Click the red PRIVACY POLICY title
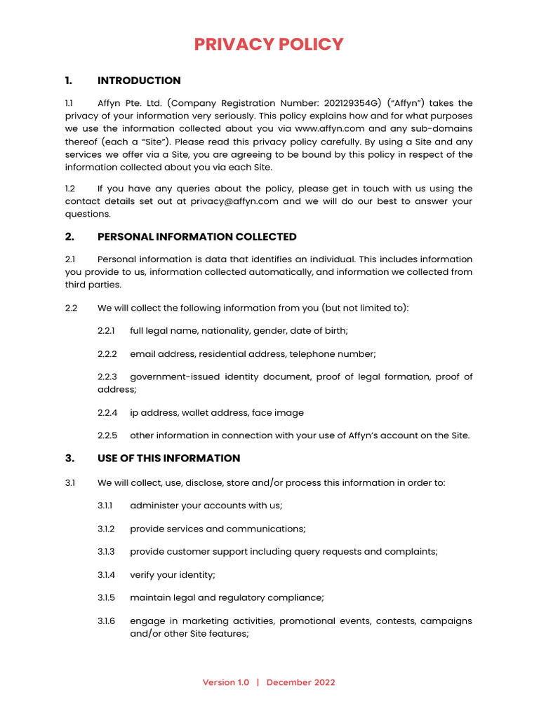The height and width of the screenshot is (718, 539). [x=269, y=44]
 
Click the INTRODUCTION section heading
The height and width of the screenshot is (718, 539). [x=139, y=81]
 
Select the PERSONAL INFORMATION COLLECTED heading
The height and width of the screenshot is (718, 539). [x=197, y=237]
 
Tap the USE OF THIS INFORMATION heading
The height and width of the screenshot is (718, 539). [x=168, y=459]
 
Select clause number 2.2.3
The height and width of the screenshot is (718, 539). [x=107, y=377]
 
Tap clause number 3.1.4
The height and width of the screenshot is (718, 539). [x=107, y=575]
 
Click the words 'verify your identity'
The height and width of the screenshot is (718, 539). [x=173, y=575]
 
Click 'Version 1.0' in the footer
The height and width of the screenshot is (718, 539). [x=225, y=683]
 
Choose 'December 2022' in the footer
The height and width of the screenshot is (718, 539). [x=300, y=683]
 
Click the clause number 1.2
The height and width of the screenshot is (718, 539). [x=70, y=189]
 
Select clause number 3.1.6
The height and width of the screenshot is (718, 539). [x=107, y=621]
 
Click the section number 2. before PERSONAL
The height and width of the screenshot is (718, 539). [x=69, y=237]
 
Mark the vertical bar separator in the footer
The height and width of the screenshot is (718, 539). [x=258, y=683]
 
